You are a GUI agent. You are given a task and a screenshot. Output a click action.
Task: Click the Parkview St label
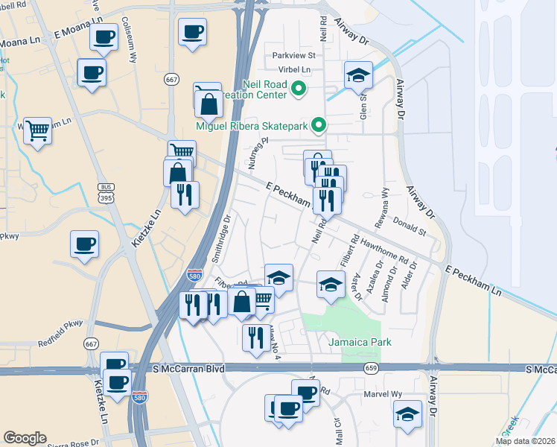tap(294, 55)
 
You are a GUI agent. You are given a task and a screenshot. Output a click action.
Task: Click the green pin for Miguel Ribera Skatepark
tap(319, 125)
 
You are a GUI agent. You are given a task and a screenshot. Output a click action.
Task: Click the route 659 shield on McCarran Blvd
tap(371, 368)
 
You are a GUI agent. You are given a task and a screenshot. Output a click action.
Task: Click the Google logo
tap(25, 438)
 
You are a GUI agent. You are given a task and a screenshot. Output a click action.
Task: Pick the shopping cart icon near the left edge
tap(37, 132)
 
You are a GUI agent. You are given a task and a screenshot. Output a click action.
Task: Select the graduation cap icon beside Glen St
tap(358, 76)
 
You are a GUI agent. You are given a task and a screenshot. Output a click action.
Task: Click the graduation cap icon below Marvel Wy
tap(407, 415)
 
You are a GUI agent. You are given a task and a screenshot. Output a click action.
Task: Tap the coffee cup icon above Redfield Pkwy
tap(84, 244)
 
